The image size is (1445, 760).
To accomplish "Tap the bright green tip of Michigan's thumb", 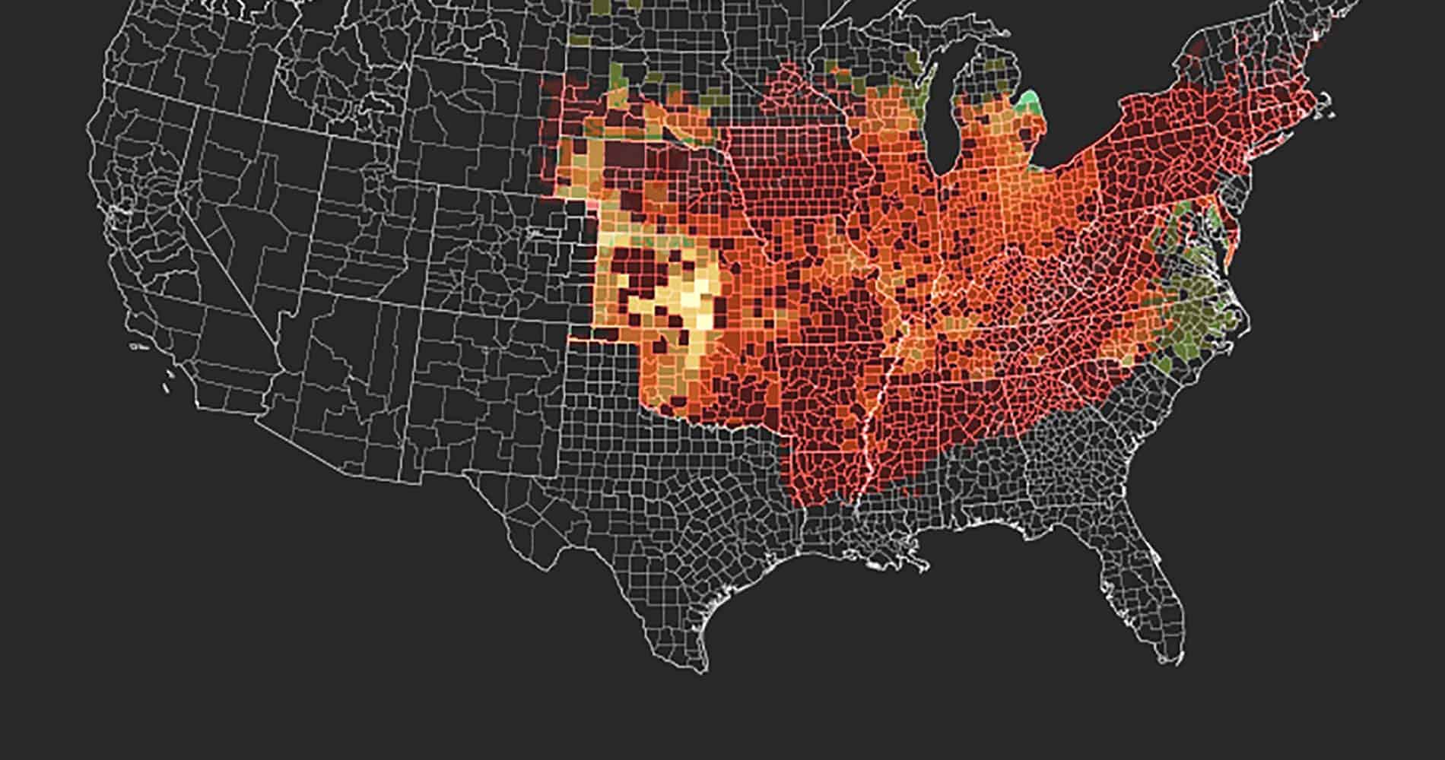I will click(x=1031, y=100).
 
